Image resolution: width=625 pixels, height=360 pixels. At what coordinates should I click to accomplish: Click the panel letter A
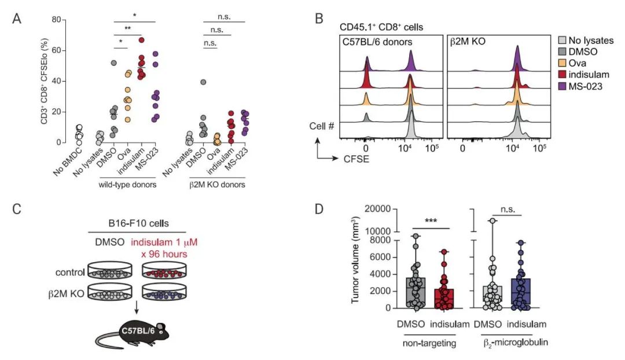click(17, 19)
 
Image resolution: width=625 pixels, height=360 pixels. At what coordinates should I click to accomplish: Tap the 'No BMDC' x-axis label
click(76, 159)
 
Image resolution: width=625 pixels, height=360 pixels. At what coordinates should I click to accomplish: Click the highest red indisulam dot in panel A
click(141, 40)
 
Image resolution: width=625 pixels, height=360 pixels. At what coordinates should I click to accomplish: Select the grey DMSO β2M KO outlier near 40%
click(203, 82)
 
